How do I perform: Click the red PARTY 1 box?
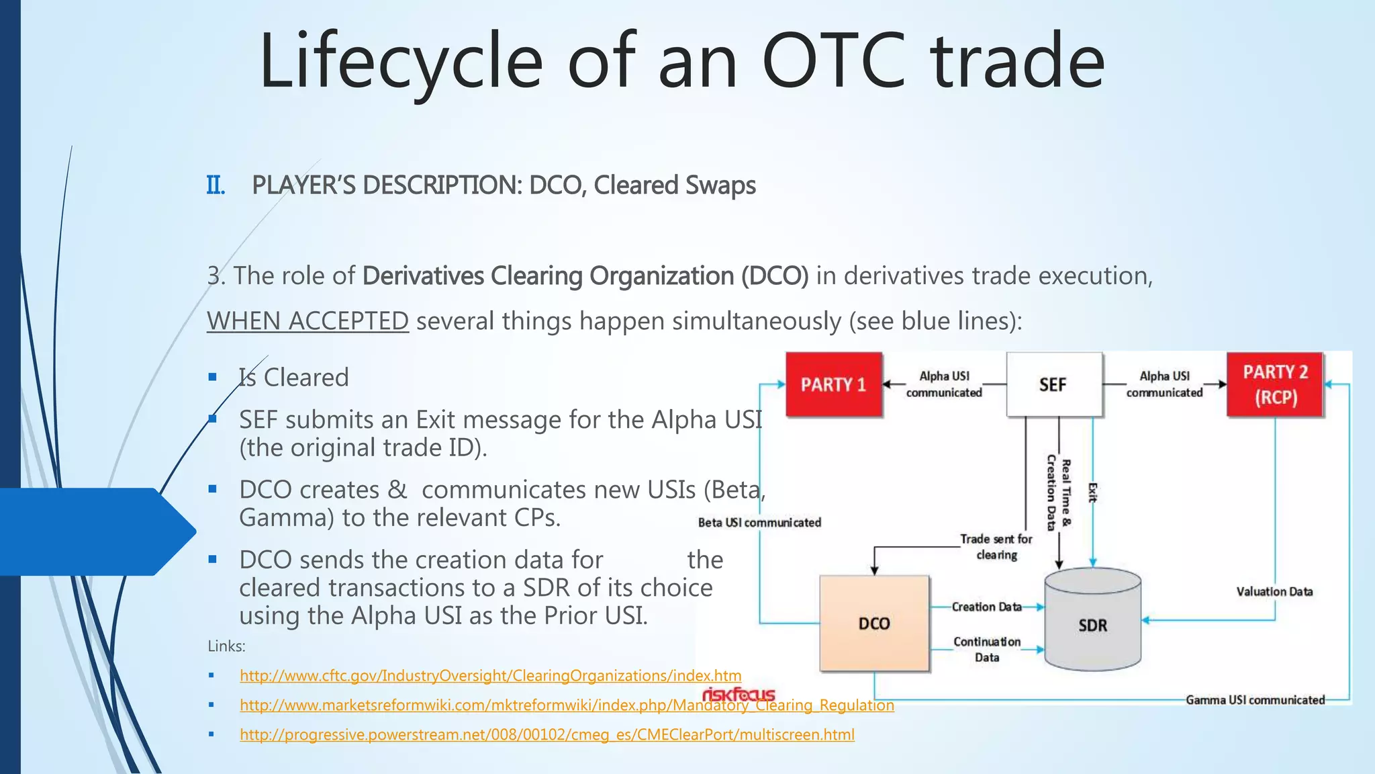(833, 384)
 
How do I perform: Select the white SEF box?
(1053, 384)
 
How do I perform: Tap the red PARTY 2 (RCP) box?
(1274, 384)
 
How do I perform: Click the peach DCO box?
(874, 623)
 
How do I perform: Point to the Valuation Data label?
(1274, 592)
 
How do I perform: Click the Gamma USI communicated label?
(1255, 700)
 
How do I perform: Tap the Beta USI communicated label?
(759, 523)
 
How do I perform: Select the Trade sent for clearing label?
(996, 547)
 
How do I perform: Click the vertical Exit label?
(1092, 492)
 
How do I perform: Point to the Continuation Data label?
(987, 650)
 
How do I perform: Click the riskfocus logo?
(739, 694)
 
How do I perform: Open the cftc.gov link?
(490, 676)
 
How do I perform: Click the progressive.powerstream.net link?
(547, 735)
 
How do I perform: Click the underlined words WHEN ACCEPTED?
(307, 321)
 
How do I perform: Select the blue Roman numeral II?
(216, 185)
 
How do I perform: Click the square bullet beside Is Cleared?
(213, 378)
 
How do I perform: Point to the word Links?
(226, 646)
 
